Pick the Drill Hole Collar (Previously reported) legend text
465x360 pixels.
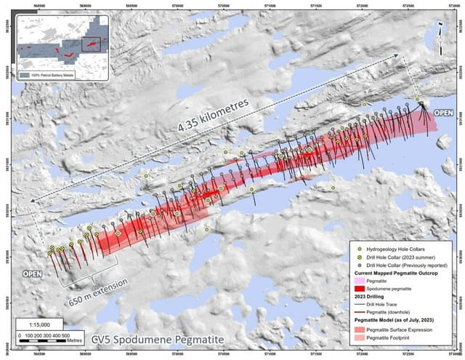(407, 263)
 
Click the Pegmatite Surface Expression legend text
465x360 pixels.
(404, 331)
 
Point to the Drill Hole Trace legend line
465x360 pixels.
(356, 305)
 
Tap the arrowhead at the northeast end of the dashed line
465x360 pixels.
(396, 56)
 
